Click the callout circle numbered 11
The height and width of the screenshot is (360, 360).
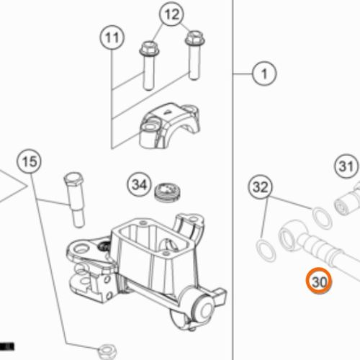(x=112, y=37)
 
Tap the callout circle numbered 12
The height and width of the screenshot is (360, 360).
(x=171, y=14)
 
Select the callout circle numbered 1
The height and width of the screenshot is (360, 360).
(x=264, y=73)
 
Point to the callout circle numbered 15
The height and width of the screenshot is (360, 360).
(x=29, y=161)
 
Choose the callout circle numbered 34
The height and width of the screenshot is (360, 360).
(x=140, y=184)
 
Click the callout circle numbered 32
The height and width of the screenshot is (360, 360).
(x=261, y=186)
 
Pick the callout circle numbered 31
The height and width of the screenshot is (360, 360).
(x=346, y=166)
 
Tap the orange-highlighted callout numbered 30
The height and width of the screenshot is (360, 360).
(x=319, y=281)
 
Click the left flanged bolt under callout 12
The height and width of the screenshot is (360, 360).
(x=148, y=66)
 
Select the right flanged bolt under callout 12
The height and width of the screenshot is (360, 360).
(x=195, y=55)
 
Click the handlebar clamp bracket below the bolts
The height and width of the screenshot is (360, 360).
(x=169, y=126)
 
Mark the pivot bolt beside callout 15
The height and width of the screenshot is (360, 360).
(x=75, y=199)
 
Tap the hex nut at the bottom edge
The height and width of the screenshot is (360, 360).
(x=108, y=352)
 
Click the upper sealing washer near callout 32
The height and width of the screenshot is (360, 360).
(x=322, y=218)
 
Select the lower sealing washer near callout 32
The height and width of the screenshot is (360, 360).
(x=266, y=251)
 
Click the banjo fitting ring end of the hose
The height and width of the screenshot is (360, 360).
(x=291, y=236)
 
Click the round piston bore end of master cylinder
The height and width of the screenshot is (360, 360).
(x=204, y=309)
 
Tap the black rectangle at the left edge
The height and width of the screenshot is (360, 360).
(x=7, y=346)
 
